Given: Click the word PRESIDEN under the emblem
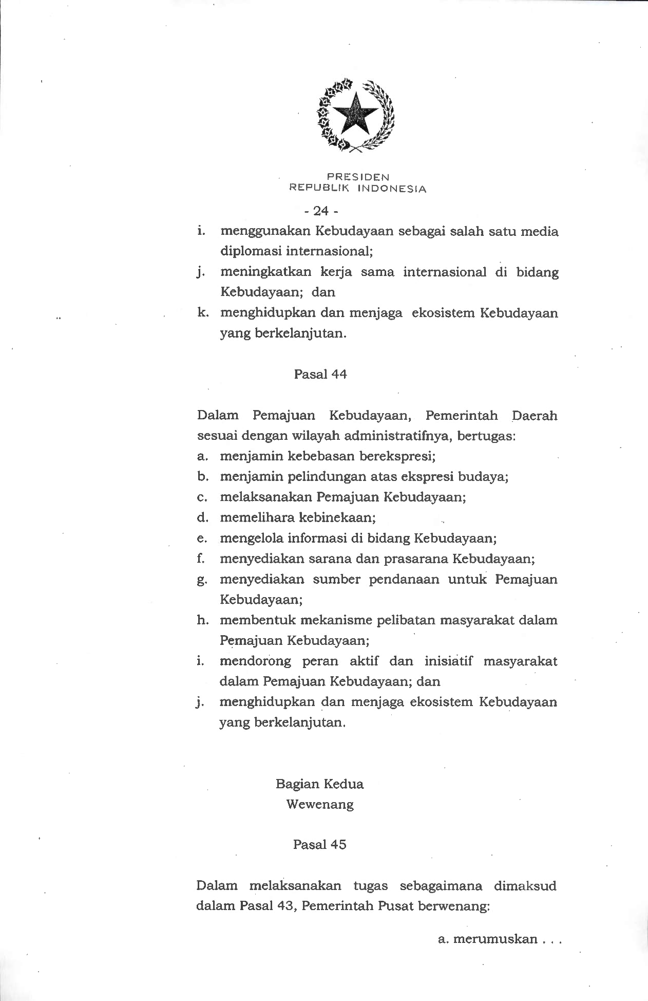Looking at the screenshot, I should (357, 177).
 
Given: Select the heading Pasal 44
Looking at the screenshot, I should (320, 375).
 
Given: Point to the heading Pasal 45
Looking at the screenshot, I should (319, 844).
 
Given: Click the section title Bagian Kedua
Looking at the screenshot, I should (319, 784).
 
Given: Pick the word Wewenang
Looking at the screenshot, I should (320, 804).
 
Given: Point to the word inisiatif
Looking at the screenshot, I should (449, 661).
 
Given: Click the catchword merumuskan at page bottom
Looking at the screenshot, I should (495, 939).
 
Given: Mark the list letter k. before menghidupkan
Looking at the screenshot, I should (202, 313).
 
